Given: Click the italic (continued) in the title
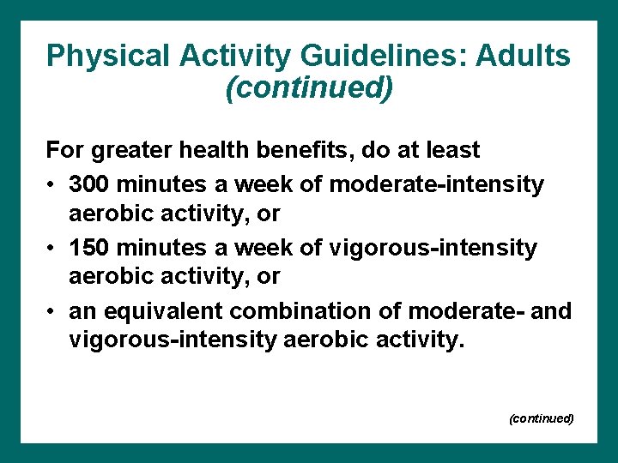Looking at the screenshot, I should point(309,87).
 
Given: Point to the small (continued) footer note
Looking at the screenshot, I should point(541,418).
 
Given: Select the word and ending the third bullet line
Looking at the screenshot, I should point(550,310).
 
